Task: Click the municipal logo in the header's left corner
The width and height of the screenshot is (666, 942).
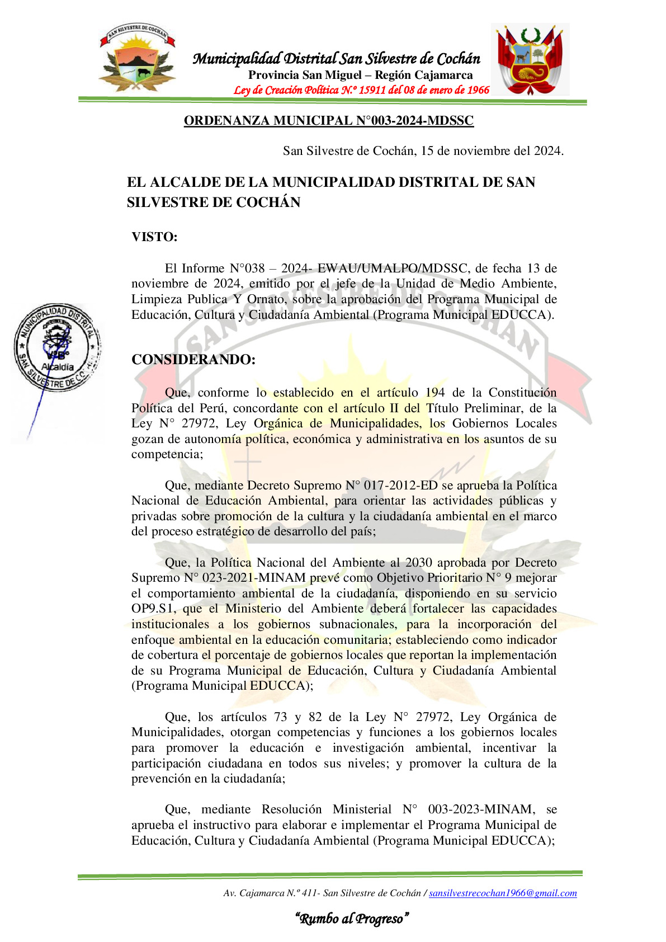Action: tap(137, 58)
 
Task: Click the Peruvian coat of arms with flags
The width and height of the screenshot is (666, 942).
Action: tap(530, 59)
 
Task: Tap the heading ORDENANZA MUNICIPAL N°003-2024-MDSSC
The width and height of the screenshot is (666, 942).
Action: tap(329, 121)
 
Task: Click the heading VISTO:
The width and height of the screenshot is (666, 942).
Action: tap(154, 237)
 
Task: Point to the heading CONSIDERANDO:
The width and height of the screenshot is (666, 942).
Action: tap(193, 360)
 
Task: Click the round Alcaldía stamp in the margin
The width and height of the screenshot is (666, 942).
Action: tap(57, 347)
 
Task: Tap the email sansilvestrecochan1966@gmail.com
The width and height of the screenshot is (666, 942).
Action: tap(503, 893)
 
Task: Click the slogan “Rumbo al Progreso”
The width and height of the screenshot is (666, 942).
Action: tap(352, 919)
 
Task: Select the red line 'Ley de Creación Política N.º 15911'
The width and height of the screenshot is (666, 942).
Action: tap(361, 90)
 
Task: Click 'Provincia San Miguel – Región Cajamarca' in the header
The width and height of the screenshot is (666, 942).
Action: tap(361, 75)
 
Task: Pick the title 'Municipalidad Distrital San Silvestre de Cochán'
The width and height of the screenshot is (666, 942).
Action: tap(337, 59)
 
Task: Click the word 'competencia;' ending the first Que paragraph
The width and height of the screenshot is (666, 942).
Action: tap(167, 454)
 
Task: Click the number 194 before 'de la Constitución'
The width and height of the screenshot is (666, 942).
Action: tap(435, 393)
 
